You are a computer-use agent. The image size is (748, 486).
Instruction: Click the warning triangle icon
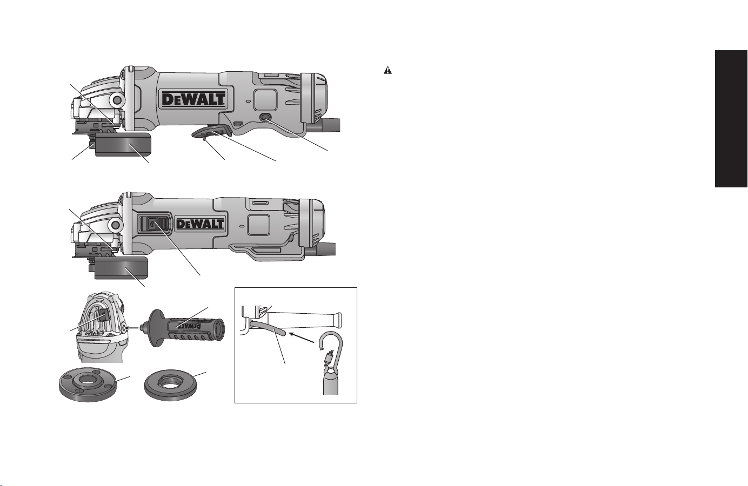click(x=388, y=70)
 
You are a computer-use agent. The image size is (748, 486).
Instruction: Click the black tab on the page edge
click(x=731, y=119)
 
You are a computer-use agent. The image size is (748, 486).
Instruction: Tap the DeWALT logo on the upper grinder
click(x=193, y=99)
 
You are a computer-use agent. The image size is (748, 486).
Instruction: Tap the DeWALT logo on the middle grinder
click(x=199, y=224)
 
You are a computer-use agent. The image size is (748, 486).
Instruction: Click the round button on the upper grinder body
click(x=266, y=117)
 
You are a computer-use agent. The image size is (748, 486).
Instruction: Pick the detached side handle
click(x=183, y=328)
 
